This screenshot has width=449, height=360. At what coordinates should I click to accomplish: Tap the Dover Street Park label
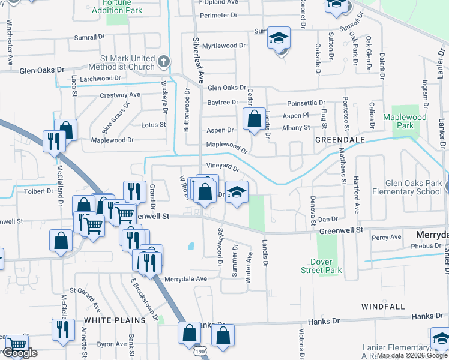coord(326,266)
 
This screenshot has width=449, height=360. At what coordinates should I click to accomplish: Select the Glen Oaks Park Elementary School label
coord(414,188)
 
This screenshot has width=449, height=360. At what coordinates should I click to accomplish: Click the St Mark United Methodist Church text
coord(128,63)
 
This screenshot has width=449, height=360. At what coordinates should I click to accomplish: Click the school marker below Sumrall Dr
coord(279,39)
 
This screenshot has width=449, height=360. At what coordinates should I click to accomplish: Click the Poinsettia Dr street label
coord(306,103)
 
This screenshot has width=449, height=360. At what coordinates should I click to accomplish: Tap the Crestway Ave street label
coord(120,95)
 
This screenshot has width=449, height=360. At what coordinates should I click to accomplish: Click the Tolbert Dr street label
coord(40,191)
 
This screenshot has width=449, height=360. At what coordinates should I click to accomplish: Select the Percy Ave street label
coord(386,238)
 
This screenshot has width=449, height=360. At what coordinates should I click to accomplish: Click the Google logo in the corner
coord(19,353)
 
